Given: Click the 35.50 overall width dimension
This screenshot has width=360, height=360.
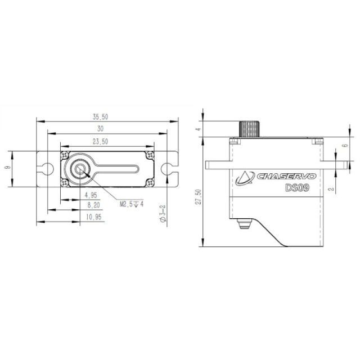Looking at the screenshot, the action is pyautogui.click(x=100, y=117).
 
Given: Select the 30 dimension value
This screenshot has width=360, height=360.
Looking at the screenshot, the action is pyautogui.click(x=100, y=129).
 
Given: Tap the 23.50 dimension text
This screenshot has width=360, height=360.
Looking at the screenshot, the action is pyautogui.click(x=100, y=142).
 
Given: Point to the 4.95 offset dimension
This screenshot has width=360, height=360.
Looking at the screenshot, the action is pyautogui.click(x=91, y=195).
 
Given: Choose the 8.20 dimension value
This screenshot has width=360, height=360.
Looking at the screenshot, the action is pyautogui.click(x=94, y=205).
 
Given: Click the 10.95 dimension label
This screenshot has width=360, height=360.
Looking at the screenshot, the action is pyautogui.click(x=94, y=217).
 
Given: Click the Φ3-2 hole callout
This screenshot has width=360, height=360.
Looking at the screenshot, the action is pyautogui.click(x=163, y=213).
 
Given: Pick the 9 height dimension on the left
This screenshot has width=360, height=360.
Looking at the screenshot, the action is pyautogui.click(x=8, y=168).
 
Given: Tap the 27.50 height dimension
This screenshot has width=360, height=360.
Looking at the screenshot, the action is pyautogui.click(x=198, y=197).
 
